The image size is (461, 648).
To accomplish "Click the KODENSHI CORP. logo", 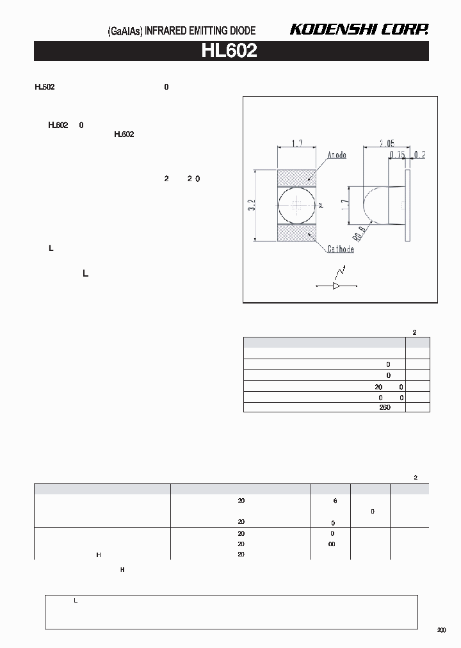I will [359, 29].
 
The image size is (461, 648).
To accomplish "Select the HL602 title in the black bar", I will [229, 51].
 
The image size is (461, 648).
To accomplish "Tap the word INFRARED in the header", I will [166, 31].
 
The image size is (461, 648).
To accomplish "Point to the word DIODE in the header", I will [242, 31].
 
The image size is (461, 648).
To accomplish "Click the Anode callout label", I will [337, 156].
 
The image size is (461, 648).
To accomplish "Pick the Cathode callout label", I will [340, 249].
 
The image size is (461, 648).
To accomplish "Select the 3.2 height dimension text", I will [252, 206].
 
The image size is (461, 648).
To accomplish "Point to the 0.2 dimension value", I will [419, 155].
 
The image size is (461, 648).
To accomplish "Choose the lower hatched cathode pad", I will [296, 232].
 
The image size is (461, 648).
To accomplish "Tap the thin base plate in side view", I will [408, 206].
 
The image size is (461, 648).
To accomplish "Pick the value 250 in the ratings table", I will [384, 408].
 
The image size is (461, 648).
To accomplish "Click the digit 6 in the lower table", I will [335, 501].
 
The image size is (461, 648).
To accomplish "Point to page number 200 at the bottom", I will [442, 631].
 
